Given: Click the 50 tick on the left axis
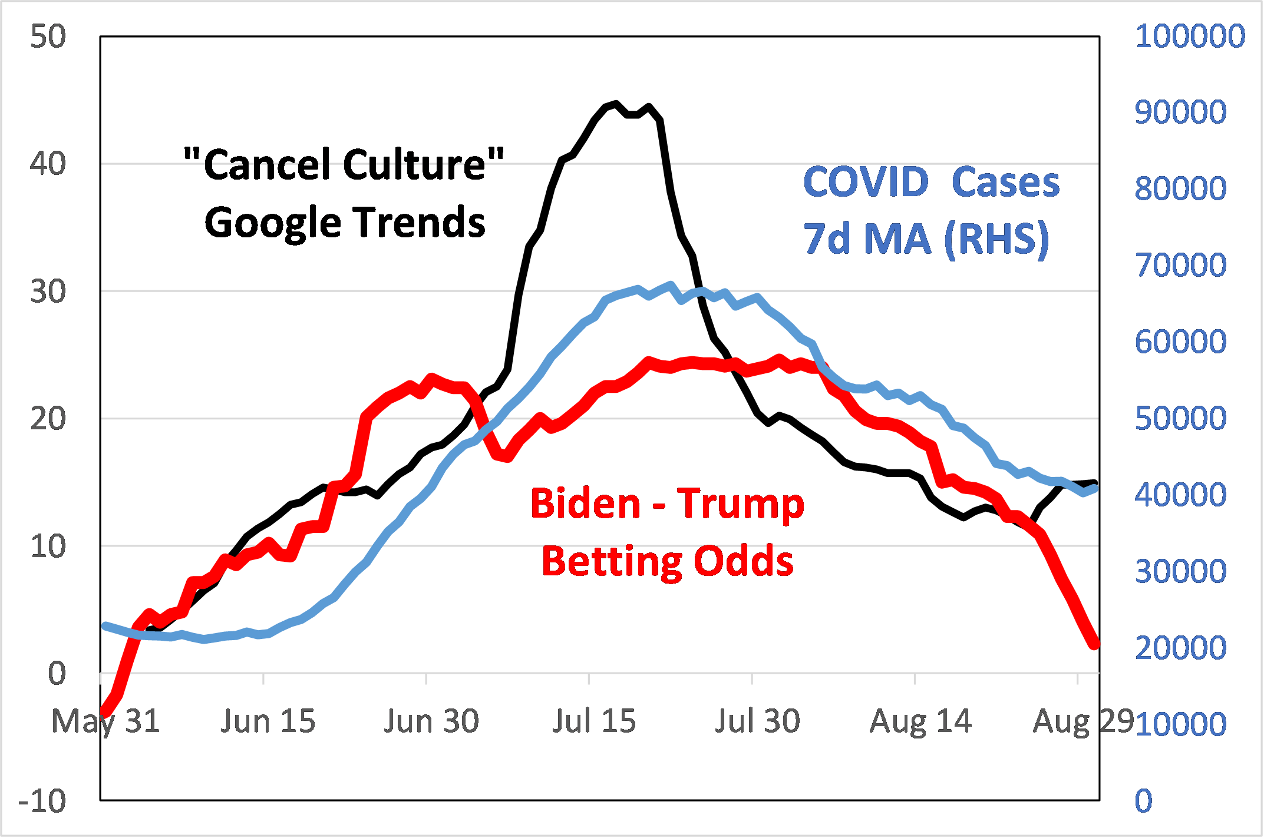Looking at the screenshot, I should (48, 37).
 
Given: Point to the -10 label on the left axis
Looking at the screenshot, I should (42, 801).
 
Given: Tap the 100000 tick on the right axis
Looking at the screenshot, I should (1189, 36).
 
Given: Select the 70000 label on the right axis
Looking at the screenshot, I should (1180, 265).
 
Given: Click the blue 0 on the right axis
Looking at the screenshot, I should (1143, 801).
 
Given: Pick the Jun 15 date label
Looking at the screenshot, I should (268, 721).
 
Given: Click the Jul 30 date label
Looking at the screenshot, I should (757, 721).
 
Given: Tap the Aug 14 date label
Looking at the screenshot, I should (920, 721).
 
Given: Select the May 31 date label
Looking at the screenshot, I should (106, 721).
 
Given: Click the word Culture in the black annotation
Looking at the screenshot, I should (415, 164).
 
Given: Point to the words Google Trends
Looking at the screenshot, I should (345, 223).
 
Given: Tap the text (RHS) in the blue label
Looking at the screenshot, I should (996, 239).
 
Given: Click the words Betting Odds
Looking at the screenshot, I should (667, 561).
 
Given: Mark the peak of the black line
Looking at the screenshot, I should (616, 104).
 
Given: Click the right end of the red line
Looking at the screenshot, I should (1095, 644).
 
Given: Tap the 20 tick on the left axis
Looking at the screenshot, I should (48, 419).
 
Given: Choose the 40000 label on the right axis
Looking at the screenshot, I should (1180, 495).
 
